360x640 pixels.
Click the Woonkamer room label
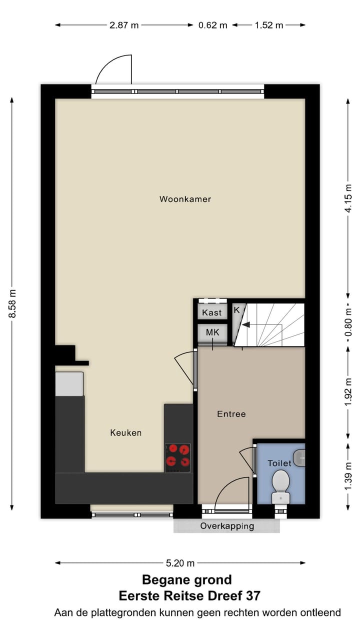(x=185, y=199)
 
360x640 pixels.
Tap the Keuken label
(x=125, y=432)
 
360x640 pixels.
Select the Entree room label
(x=231, y=414)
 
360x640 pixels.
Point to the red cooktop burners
(x=178, y=456)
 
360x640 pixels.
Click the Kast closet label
(x=211, y=313)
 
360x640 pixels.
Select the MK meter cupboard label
(x=211, y=331)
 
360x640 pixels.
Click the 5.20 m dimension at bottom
(x=180, y=563)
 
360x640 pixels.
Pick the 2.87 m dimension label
(x=124, y=25)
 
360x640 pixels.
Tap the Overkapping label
(x=227, y=526)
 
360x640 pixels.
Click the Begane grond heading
(x=186, y=580)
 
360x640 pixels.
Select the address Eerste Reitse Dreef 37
(x=189, y=596)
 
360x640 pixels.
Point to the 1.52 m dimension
(x=269, y=25)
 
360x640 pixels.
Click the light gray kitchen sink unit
(x=69, y=384)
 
